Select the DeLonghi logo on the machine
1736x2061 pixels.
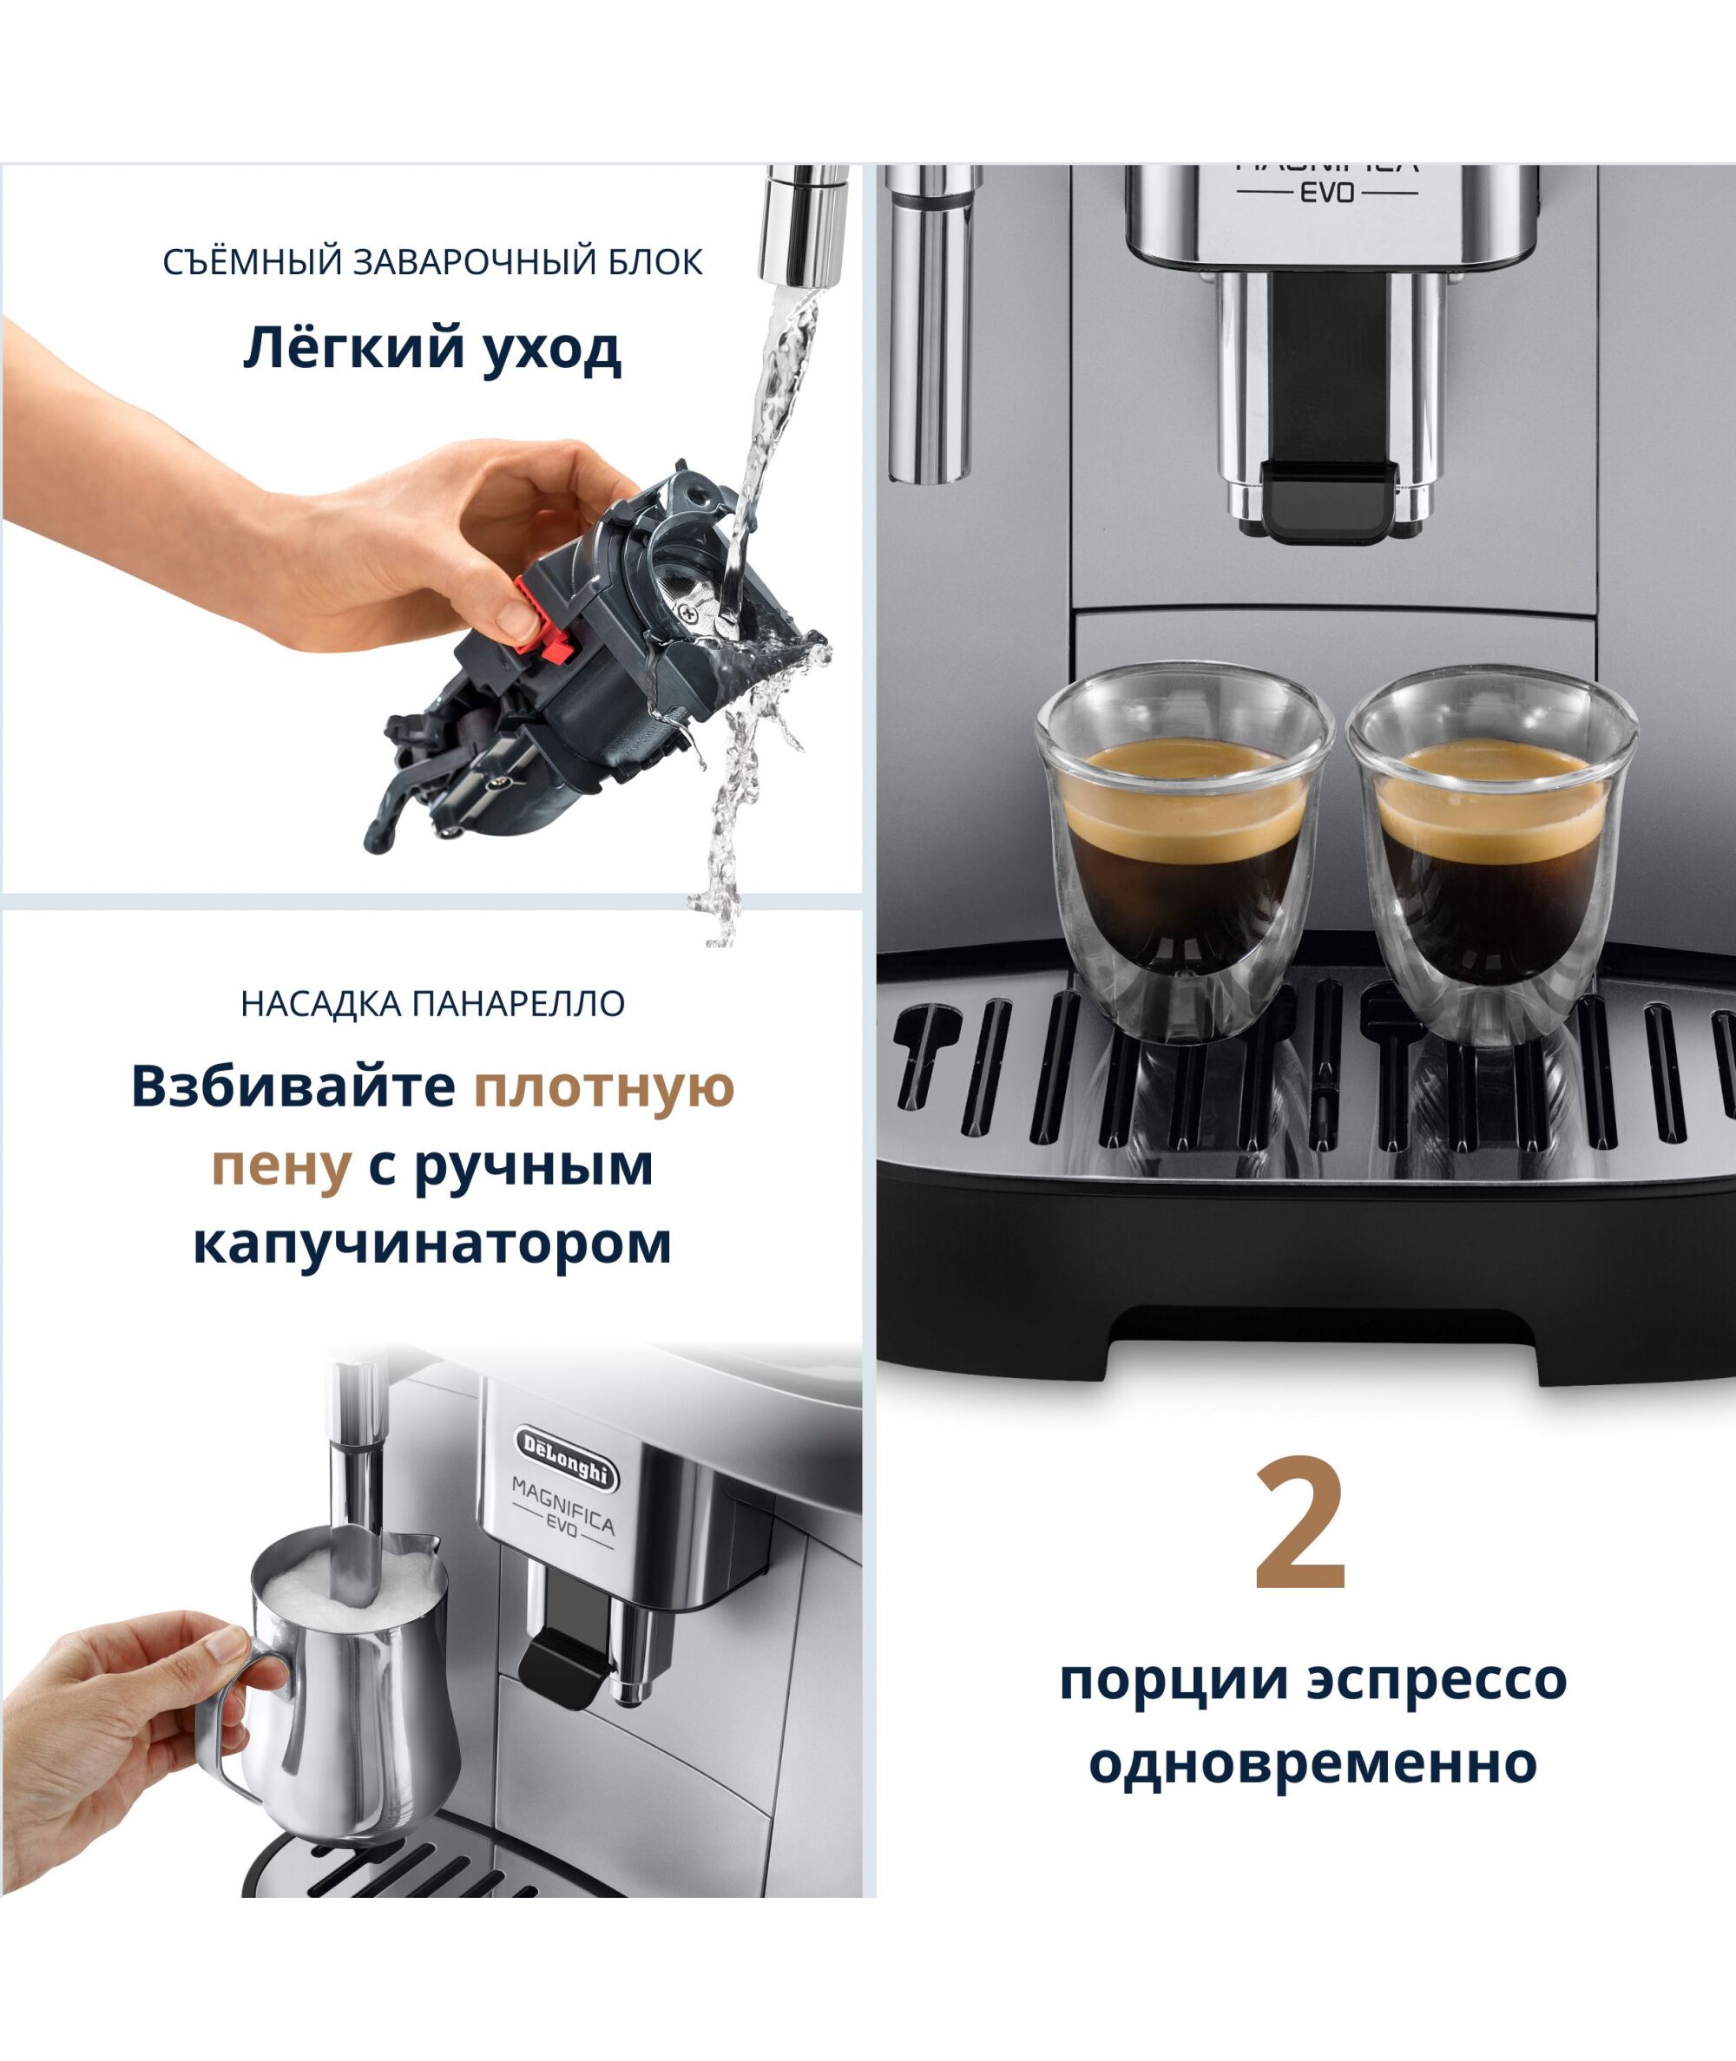(566, 1458)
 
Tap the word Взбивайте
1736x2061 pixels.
(293, 1087)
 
